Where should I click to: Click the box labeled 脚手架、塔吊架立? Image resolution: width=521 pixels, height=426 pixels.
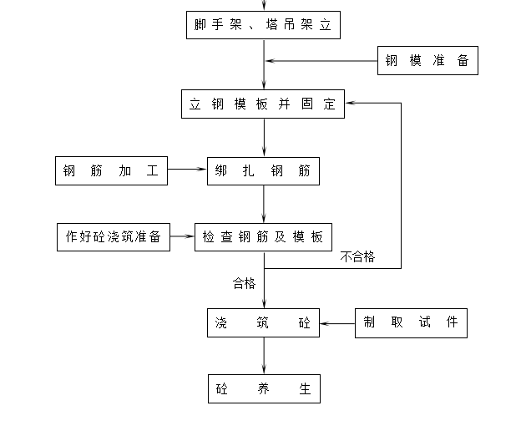263,25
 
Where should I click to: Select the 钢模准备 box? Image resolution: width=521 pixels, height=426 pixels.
427,60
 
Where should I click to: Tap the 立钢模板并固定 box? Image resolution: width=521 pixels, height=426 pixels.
263,104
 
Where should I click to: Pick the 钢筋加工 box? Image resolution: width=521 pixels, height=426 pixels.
111,170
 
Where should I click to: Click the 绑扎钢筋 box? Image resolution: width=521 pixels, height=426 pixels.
263,171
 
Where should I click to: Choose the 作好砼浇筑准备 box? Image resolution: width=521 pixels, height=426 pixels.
114,237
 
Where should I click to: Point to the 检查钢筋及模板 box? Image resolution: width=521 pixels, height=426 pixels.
263,237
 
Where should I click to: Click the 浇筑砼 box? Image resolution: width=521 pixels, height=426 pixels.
263,322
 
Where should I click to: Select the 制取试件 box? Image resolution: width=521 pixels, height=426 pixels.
411,323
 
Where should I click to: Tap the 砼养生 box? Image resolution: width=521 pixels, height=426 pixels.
264,388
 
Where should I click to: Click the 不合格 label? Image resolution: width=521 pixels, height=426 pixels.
357,257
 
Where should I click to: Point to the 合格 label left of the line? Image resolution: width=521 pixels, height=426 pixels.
244,283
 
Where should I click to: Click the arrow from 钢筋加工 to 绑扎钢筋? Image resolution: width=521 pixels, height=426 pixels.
187,169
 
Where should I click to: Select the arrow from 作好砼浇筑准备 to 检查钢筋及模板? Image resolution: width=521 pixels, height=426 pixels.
182,236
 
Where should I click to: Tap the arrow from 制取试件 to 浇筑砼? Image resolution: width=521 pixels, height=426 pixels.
337,323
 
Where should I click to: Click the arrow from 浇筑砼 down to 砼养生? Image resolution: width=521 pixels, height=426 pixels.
264,356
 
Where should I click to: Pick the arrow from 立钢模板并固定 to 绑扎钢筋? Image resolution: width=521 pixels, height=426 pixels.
264,138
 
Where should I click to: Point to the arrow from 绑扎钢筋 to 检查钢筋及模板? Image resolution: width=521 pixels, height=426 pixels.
264,204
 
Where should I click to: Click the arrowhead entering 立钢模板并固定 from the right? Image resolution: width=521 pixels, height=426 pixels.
350,103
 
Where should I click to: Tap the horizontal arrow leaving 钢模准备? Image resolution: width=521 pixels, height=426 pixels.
321,61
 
